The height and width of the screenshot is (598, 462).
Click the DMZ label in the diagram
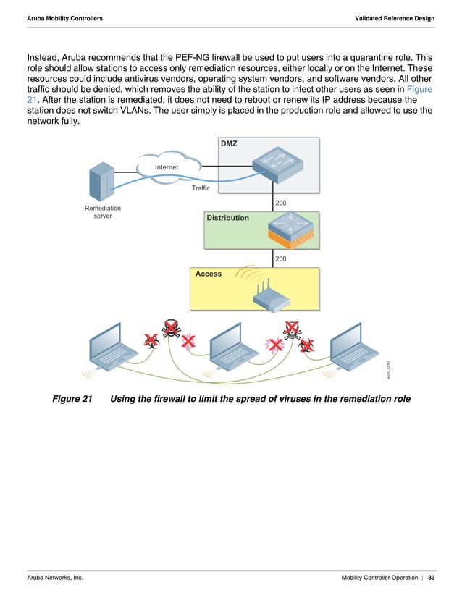[229, 143]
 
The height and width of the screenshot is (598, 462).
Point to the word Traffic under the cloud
[201, 188]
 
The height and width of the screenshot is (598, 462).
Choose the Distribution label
[228, 218]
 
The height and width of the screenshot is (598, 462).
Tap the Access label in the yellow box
[209, 274]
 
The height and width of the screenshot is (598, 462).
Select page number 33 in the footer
[432, 578]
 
